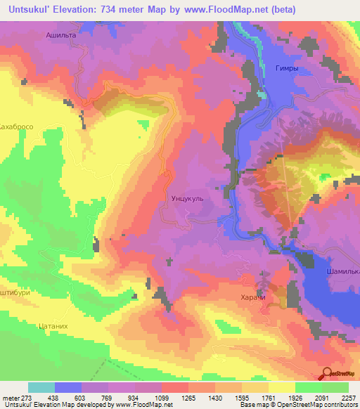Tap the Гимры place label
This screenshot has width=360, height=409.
pyautogui.click(x=278, y=68)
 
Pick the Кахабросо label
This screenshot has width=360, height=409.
pyautogui.click(x=17, y=128)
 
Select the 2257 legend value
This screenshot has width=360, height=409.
pyautogui.click(x=349, y=397)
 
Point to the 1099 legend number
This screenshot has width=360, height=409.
pyautogui.click(x=162, y=397)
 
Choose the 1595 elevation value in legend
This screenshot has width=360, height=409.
pyautogui.click(x=243, y=397)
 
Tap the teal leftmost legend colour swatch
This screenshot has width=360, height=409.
pyautogui.click(x=41, y=387)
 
